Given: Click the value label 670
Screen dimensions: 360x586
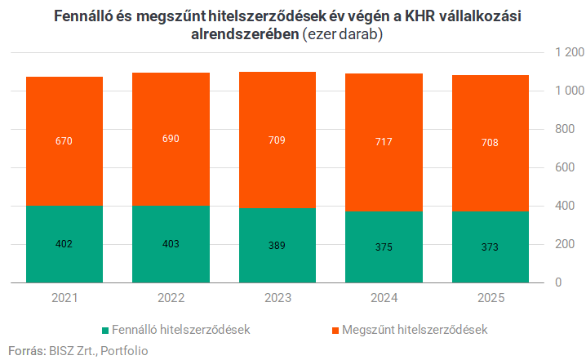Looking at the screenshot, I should pyautogui.click(x=64, y=141).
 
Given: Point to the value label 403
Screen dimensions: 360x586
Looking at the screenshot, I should pyautogui.click(x=171, y=243).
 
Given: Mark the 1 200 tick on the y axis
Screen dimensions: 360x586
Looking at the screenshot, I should pyautogui.click(x=569, y=52).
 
